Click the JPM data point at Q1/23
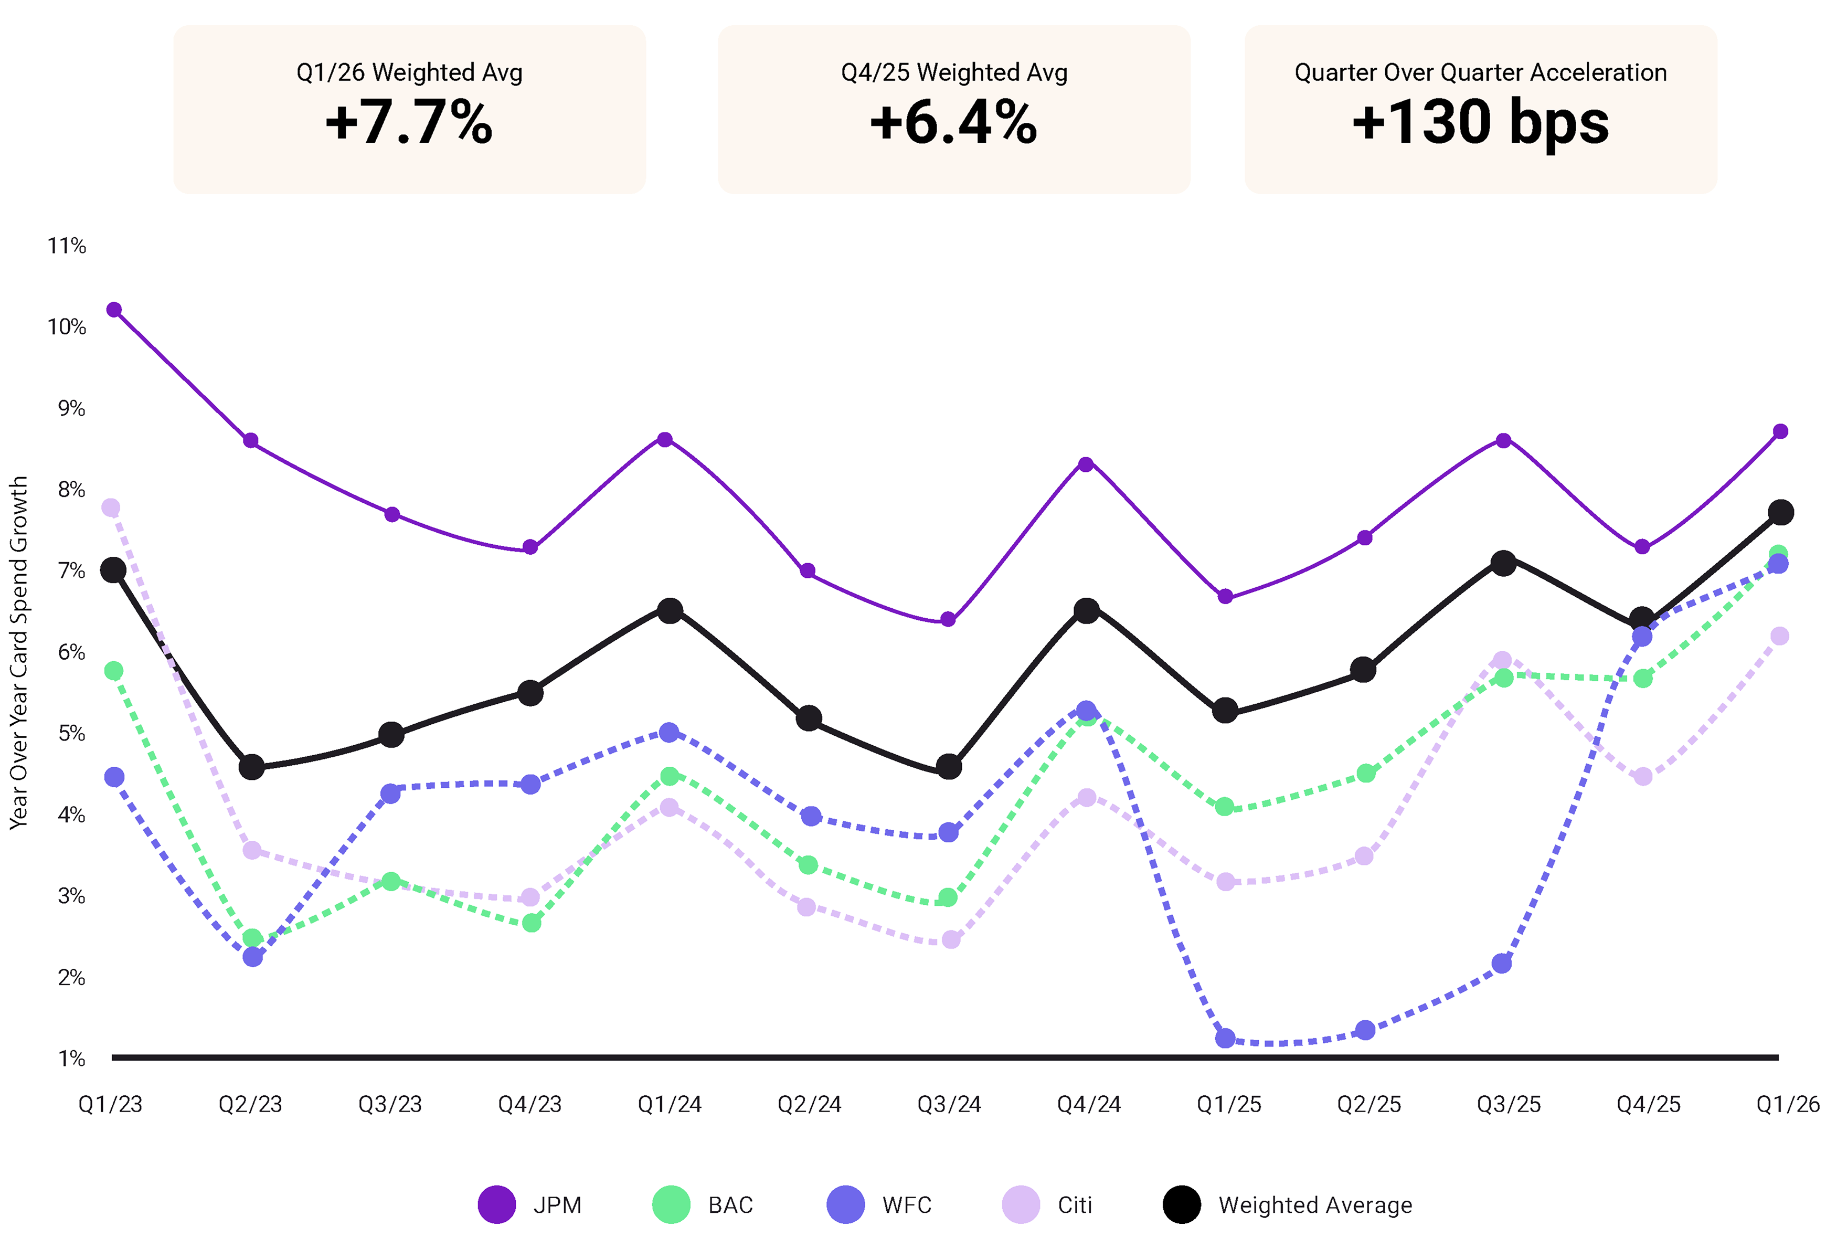click(x=114, y=310)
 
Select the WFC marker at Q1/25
click(x=1225, y=1038)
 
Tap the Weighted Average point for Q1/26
click(x=1780, y=512)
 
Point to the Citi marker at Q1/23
click(x=111, y=507)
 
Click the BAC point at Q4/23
click(x=531, y=923)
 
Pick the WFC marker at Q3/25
click(x=1502, y=964)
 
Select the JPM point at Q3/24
click(x=948, y=619)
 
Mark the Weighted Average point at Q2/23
click(x=251, y=767)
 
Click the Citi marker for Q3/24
click(x=951, y=940)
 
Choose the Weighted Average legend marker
click(x=1182, y=1205)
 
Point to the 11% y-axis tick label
click(x=67, y=246)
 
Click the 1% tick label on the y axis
click(x=71, y=1059)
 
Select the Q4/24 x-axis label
click(x=1089, y=1104)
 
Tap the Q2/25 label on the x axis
click(x=1369, y=1104)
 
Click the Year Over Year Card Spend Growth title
click(x=19, y=652)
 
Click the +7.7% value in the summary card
click(x=409, y=123)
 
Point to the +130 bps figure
click(x=1480, y=123)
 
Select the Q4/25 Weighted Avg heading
click(x=954, y=72)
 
